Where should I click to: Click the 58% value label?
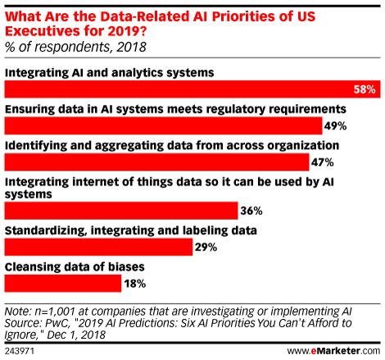365,89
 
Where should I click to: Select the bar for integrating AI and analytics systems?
192,89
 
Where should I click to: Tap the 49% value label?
336,126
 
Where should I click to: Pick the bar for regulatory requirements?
163,125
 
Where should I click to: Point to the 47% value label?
323,162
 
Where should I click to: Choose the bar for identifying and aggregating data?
157,162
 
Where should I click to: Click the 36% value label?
251,211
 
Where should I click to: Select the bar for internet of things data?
121,211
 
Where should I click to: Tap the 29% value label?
206,247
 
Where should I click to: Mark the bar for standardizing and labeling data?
98,247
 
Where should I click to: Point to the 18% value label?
135,284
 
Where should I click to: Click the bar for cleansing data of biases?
63,283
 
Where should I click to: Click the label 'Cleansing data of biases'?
75,267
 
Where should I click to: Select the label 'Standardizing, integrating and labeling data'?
131,231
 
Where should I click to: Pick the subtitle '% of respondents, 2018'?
75,47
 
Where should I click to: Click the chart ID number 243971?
20,351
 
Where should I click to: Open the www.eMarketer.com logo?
333,351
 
